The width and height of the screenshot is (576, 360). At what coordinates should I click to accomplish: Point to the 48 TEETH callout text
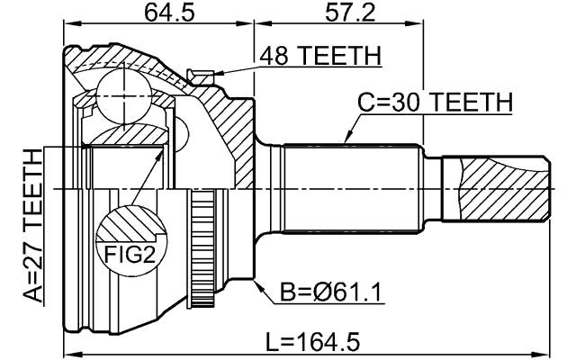pos(320,56)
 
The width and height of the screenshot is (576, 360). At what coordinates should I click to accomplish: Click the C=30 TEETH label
pos(435,103)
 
